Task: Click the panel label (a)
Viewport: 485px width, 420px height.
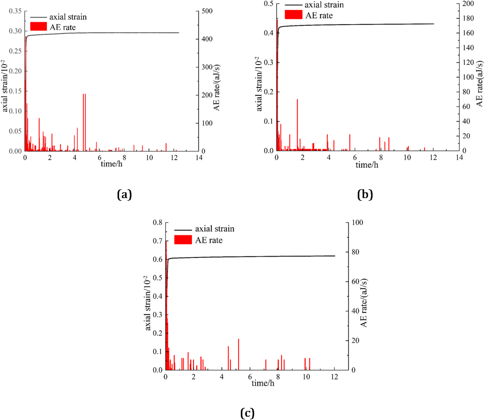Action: click(x=124, y=194)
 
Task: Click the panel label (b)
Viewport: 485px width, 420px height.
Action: click(x=365, y=194)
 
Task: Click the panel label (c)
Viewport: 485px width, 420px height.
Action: click(x=247, y=413)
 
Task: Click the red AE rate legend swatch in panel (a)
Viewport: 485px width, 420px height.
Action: click(x=38, y=27)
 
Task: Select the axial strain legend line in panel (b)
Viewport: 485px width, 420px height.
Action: click(x=293, y=5)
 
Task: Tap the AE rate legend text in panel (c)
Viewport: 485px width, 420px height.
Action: click(x=209, y=240)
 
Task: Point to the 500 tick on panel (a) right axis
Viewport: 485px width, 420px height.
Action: click(x=207, y=11)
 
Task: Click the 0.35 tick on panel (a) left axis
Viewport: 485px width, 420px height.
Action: click(x=15, y=11)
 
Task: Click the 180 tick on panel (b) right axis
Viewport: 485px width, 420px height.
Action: click(x=468, y=18)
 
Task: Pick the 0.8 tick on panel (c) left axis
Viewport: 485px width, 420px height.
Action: click(x=157, y=223)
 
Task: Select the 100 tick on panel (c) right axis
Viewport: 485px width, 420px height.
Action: click(x=357, y=223)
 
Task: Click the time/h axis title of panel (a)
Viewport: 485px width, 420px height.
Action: click(x=112, y=164)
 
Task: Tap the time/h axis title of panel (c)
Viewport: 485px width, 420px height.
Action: click(x=263, y=383)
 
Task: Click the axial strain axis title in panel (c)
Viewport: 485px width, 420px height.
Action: click(x=147, y=303)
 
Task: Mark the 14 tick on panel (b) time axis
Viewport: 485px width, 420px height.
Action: click(x=459, y=158)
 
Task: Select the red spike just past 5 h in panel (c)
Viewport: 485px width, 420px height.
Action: click(x=238, y=354)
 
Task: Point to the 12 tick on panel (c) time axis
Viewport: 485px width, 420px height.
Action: click(x=335, y=377)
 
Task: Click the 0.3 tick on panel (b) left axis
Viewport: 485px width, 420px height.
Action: click(x=268, y=63)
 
